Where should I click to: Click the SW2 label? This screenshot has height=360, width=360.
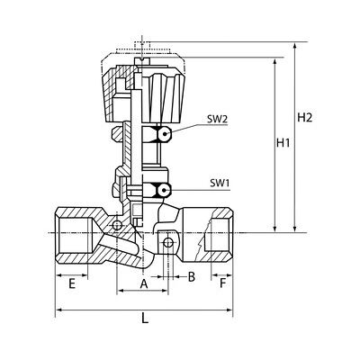point(218,119)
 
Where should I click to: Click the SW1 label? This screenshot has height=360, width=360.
point(220,183)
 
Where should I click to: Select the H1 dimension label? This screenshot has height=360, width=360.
point(283,143)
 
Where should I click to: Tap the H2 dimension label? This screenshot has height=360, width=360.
point(305,117)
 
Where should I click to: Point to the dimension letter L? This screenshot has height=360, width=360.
point(145,318)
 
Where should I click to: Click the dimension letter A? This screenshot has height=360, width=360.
point(144,283)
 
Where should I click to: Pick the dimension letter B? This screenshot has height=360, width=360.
point(192,277)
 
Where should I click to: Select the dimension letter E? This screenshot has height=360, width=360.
point(71,283)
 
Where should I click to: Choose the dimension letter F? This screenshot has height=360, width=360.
point(222,283)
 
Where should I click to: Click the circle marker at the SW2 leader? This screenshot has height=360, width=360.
point(165,133)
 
